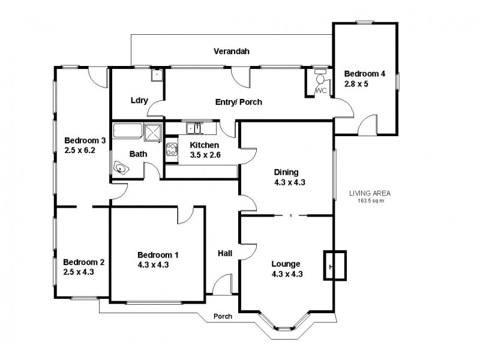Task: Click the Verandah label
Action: coord(232,51)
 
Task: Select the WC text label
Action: coord(320,91)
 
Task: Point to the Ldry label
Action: coord(139,100)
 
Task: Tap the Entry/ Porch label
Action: coord(238,102)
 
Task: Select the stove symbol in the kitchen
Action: coord(172,149)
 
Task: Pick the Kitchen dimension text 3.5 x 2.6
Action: coord(205,155)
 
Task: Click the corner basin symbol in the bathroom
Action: coord(122,169)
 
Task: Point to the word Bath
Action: coord(139,154)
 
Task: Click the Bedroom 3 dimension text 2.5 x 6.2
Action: coord(85,151)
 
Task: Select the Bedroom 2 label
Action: coord(84,262)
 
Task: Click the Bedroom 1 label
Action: coord(157,254)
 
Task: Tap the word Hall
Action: coord(225,254)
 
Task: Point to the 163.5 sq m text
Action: coord(370,202)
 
